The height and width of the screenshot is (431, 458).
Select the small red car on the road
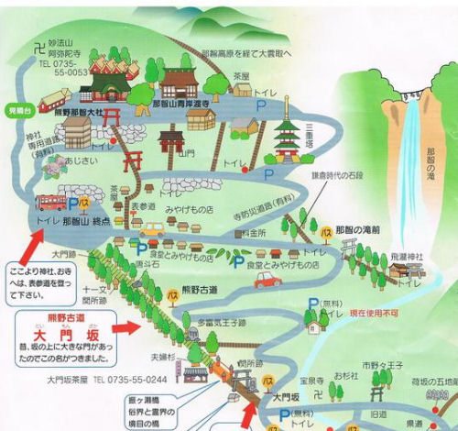pyautogui.click(x=267, y=279)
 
